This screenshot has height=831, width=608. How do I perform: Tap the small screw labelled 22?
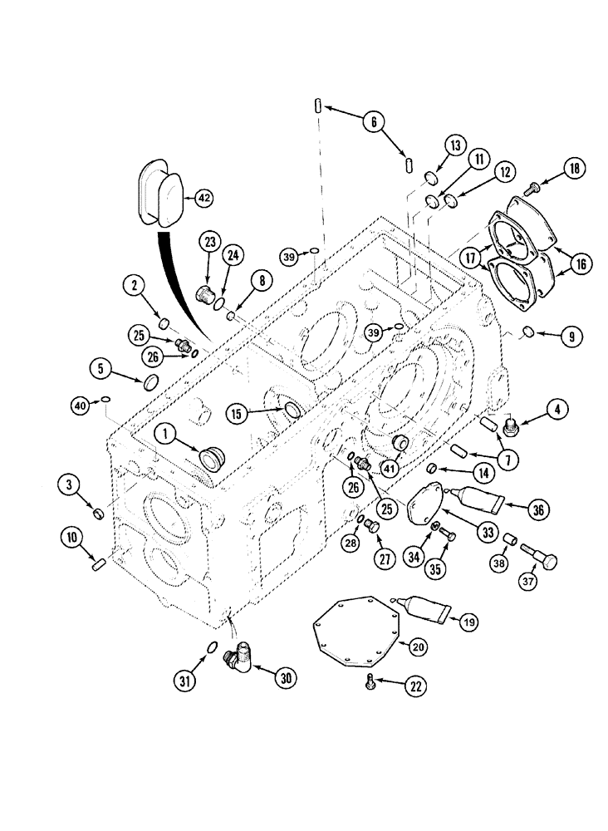coord(367,684)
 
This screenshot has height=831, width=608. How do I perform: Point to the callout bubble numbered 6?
coord(374,122)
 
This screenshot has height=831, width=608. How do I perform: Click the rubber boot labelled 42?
coord(159,198)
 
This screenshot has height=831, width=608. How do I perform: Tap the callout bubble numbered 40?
coord(80,406)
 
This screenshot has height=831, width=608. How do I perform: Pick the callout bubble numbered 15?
coord(238,412)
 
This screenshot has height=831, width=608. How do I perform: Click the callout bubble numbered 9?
coord(571,337)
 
